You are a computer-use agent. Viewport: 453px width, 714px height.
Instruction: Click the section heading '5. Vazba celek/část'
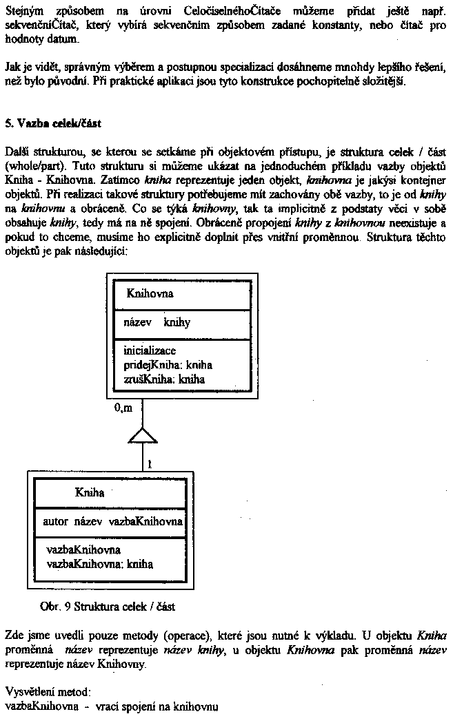52,123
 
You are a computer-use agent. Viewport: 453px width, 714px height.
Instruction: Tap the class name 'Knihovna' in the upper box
150,293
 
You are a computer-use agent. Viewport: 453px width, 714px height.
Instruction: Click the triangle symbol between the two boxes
143,435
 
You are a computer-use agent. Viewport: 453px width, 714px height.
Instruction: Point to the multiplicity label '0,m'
123,408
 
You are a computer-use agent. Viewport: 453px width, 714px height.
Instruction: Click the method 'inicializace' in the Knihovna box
150,350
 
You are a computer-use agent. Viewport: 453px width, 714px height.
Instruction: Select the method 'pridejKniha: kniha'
168,364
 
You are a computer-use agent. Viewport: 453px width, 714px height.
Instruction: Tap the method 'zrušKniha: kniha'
164,378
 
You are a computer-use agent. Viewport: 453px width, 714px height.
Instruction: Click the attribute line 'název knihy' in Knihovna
157,322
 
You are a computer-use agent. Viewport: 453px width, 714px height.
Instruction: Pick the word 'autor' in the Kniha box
56,521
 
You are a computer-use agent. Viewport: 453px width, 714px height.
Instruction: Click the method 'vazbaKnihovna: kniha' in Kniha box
99,564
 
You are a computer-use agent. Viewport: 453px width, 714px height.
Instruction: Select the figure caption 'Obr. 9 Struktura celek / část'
108,607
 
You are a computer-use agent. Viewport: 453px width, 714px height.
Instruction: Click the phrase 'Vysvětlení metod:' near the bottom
48,691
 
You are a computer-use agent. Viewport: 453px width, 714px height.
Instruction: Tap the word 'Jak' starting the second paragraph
12,67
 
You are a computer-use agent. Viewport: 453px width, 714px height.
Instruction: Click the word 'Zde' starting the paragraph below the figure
14,634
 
